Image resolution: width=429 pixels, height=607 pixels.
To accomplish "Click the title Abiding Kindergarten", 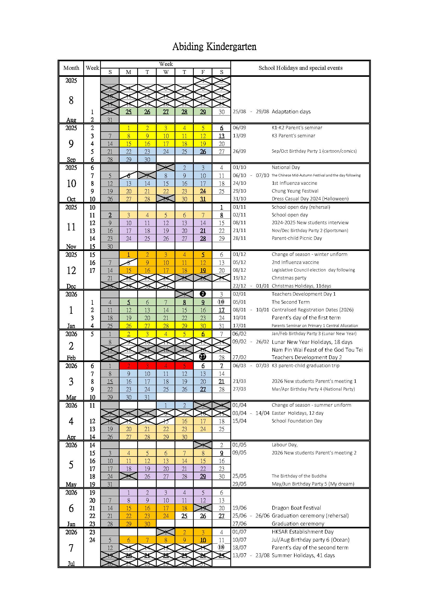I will point(214,47).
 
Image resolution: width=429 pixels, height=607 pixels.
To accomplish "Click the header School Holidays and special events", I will point(300,68).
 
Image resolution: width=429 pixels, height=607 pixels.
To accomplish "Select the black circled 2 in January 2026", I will point(203,294).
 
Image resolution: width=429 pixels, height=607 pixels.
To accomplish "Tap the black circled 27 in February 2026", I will point(203,357).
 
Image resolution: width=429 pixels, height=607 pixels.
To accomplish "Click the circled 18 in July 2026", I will point(221,547).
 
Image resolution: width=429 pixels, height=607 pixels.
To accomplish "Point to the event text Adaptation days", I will point(291,112).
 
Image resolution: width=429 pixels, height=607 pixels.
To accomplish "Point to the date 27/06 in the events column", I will point(239,524).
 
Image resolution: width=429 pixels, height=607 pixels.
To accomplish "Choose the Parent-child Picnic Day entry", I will point(297,238).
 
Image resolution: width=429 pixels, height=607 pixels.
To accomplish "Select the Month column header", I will point(71,68).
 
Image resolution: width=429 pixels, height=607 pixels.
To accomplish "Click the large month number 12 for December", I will point(71,270).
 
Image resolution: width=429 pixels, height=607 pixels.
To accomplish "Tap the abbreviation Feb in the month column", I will point(71,358).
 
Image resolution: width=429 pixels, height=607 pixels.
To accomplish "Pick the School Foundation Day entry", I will point(297,421).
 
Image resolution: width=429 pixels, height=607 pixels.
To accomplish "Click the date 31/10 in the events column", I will point(239,199).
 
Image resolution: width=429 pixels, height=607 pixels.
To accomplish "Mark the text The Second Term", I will point(290,302).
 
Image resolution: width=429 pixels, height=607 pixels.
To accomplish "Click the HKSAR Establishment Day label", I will point(302,532).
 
